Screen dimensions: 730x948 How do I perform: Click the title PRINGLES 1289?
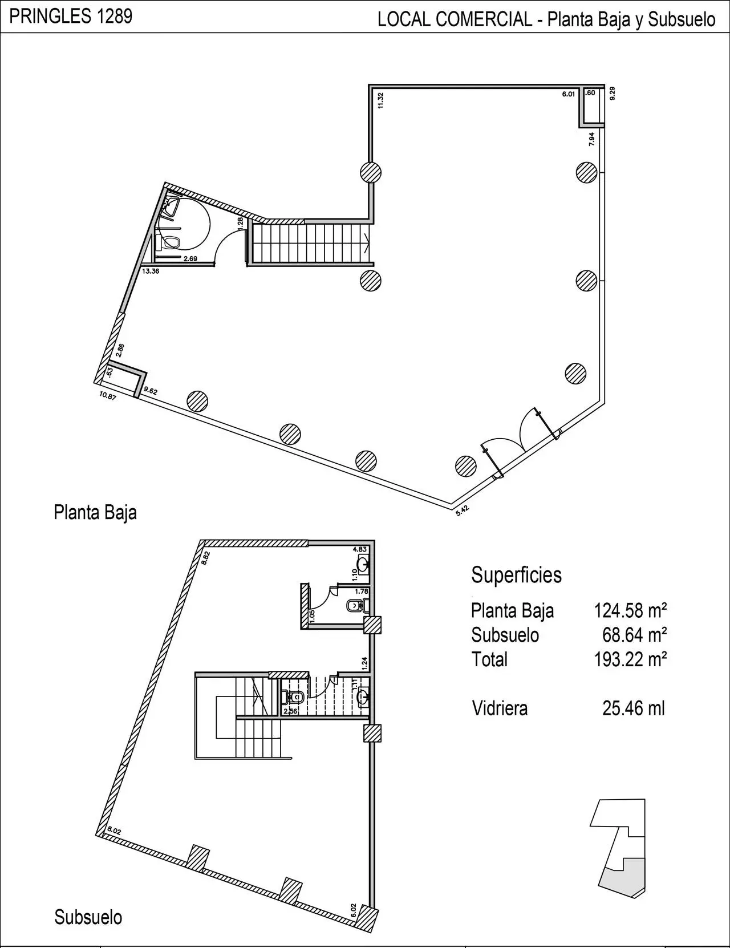71,17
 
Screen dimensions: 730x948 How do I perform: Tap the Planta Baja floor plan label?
95,513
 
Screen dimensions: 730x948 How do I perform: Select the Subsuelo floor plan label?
88,917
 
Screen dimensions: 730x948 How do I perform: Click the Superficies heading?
516,575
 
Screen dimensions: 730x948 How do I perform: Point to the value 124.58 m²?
631,610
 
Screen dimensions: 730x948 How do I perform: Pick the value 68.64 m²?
635,635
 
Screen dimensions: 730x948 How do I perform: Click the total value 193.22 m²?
631,659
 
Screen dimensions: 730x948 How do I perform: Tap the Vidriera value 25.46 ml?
634,708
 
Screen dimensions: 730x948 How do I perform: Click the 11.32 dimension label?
380,100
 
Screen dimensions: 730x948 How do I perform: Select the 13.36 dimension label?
151,271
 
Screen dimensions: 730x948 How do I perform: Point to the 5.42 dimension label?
463,511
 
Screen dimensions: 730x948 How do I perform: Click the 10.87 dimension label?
108,396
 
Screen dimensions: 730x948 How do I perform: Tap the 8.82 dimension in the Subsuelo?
206,558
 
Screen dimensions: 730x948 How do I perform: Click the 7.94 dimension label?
592,139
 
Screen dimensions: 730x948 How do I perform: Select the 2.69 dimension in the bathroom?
190,259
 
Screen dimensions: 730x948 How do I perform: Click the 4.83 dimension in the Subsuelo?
360,549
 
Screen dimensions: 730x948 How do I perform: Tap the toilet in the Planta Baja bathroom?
168,243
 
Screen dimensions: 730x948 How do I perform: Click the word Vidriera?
500,708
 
